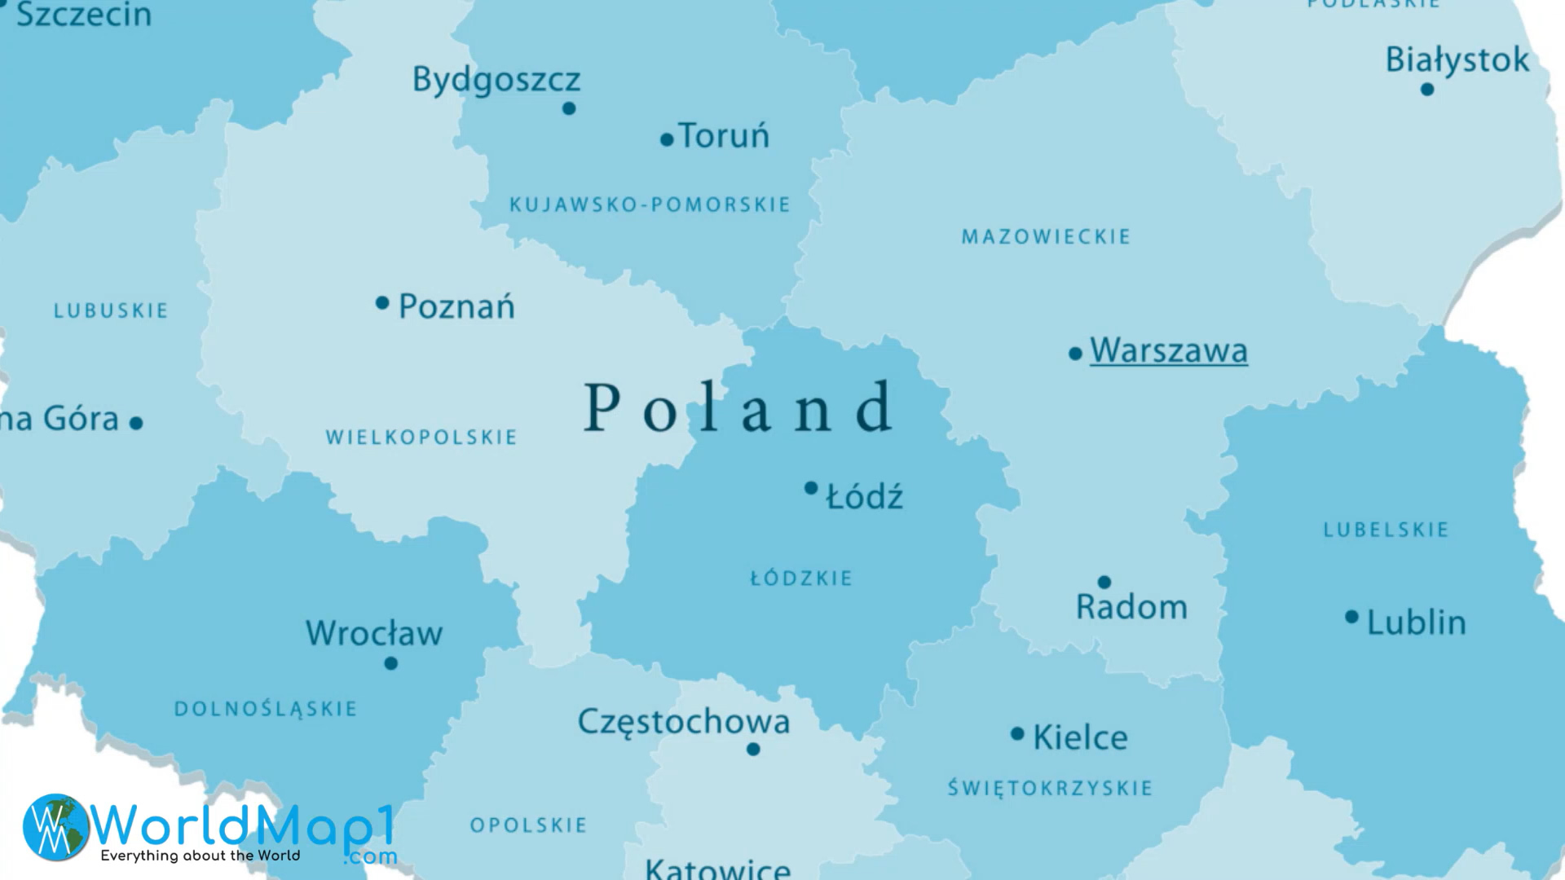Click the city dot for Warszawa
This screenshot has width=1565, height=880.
coord(1075,354)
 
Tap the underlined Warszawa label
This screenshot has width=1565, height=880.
coord(1168,350)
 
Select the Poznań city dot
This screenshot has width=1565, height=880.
coord(381,303)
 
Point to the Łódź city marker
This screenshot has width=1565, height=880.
coord(811,488)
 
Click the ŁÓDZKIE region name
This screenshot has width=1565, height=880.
coord(801,579)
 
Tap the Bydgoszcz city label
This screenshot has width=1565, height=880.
coord(496,80)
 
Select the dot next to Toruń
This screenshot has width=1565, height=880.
coord(667,140)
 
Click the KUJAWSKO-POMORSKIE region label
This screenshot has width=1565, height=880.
coord(650,205)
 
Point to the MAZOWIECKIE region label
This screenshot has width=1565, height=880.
coord(1046,237)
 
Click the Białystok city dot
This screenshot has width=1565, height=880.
coord(1426,90)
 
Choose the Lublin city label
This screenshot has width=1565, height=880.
coord(1416,623)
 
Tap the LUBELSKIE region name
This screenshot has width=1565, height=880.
coord(1386,530)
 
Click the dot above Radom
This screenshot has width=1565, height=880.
coord(1104,582)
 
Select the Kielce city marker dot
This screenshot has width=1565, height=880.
coord(1017,734)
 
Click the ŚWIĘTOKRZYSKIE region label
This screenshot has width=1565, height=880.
coord(1050,788)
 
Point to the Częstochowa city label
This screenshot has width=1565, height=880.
coord(684,722)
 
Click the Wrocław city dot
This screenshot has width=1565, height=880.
coord(391,663)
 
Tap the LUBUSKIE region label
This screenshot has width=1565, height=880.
coord(111,310)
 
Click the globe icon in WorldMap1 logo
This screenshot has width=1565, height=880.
coord(55,827)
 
